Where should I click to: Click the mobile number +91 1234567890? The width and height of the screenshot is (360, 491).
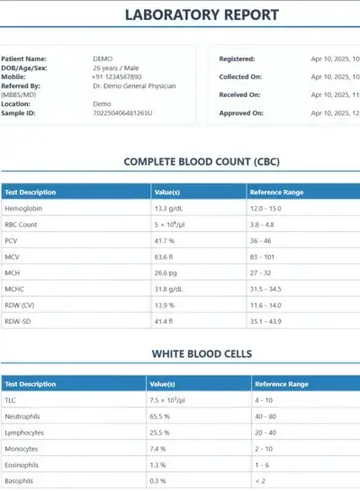click(x=117, y=76)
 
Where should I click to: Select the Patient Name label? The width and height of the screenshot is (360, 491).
click(x=23, y=58)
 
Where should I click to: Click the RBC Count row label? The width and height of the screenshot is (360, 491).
click(x=21, y=224)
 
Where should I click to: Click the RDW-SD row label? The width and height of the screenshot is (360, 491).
click(x=18, y=322)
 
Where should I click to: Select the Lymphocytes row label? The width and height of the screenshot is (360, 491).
click(x=25, y=433)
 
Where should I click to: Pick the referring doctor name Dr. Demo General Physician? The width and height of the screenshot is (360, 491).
click(x=134, y=85)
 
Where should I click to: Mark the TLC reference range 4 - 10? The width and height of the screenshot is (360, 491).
click(x=265, y=400)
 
